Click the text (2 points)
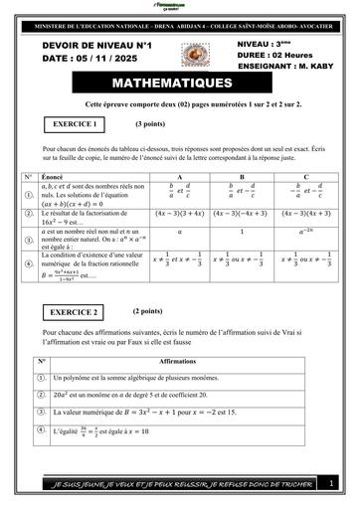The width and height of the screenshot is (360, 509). pos(148,310)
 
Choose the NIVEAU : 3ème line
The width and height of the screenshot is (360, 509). pos(268,46)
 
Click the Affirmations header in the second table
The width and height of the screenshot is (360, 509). pos(177,362)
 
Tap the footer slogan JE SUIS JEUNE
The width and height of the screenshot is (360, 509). pos(179,484)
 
